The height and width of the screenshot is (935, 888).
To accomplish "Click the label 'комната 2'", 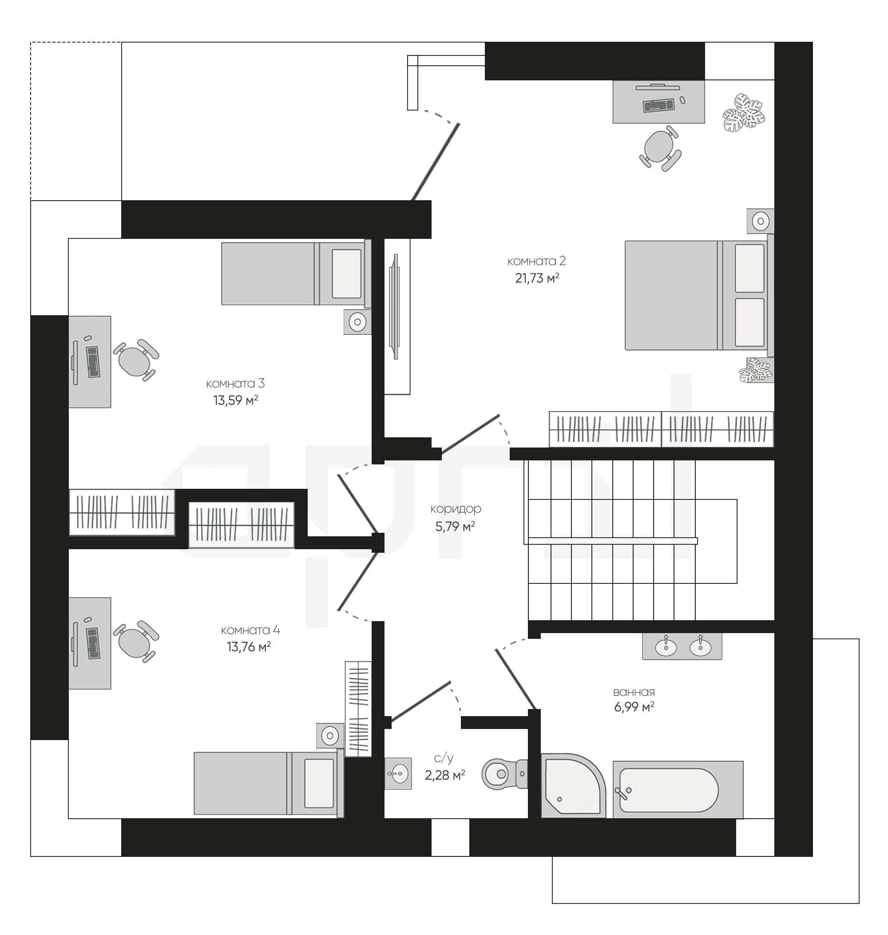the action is click(536, 261).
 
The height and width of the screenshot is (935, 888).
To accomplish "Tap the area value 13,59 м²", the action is click(235, 400).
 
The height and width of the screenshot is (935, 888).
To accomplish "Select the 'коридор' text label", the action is click(456, 509).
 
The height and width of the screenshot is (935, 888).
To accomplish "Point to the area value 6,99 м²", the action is click(634, 707).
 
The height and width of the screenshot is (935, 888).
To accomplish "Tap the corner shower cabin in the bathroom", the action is click(573, 786).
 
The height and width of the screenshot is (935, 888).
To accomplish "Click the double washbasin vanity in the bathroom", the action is click(682, 646).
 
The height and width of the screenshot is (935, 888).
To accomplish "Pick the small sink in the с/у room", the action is click(398, 773).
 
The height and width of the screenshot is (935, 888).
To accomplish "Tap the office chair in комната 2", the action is click(661, 148).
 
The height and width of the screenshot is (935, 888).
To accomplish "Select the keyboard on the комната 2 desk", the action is click(658, 105).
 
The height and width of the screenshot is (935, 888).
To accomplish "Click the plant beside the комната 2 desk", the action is click(744, 113).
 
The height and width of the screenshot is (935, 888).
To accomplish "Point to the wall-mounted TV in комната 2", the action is click(394, 307).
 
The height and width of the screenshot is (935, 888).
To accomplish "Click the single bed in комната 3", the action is click(296, 273).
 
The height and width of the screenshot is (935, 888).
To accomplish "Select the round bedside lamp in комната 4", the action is click(330, 736).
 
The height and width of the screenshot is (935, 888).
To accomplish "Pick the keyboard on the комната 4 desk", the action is click(93, 643).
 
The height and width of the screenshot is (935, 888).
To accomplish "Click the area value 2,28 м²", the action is click(445, 776).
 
